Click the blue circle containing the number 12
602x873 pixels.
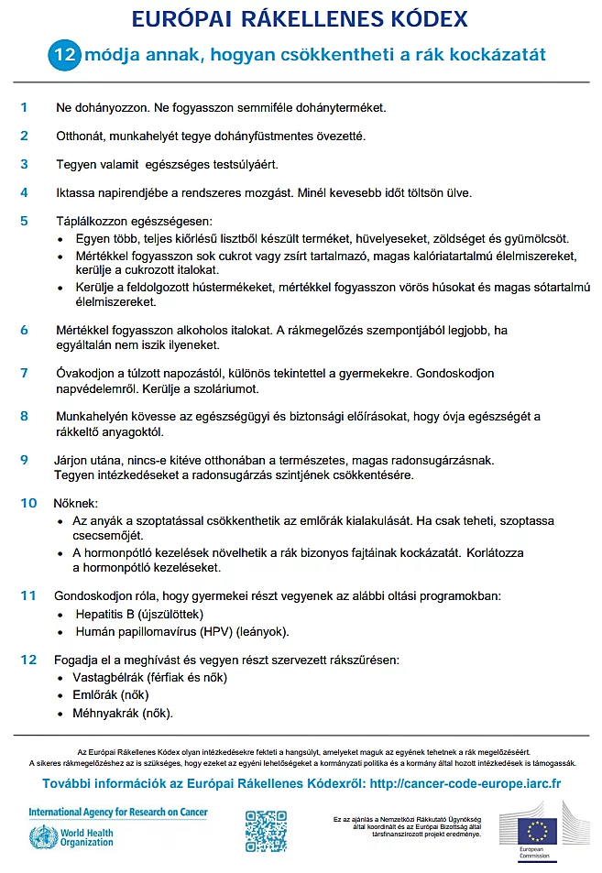tap(64, 55)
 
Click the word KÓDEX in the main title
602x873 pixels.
tap(424, 20)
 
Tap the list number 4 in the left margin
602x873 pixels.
tap(25, 192)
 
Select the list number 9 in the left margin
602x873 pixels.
tap(25, 459)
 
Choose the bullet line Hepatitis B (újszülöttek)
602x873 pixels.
tap(139, 614)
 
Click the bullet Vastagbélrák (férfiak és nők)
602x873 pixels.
tap(149, 678)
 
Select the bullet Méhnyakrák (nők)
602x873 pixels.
tap(123, 713)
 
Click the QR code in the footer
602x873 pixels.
tap(266, 831)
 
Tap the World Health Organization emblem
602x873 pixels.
tap(42, 836)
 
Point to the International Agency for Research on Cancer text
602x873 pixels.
tap(118, 812)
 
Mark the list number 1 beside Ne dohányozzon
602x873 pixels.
tap(25, 107)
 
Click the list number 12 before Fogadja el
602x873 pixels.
tap(28, 660)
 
